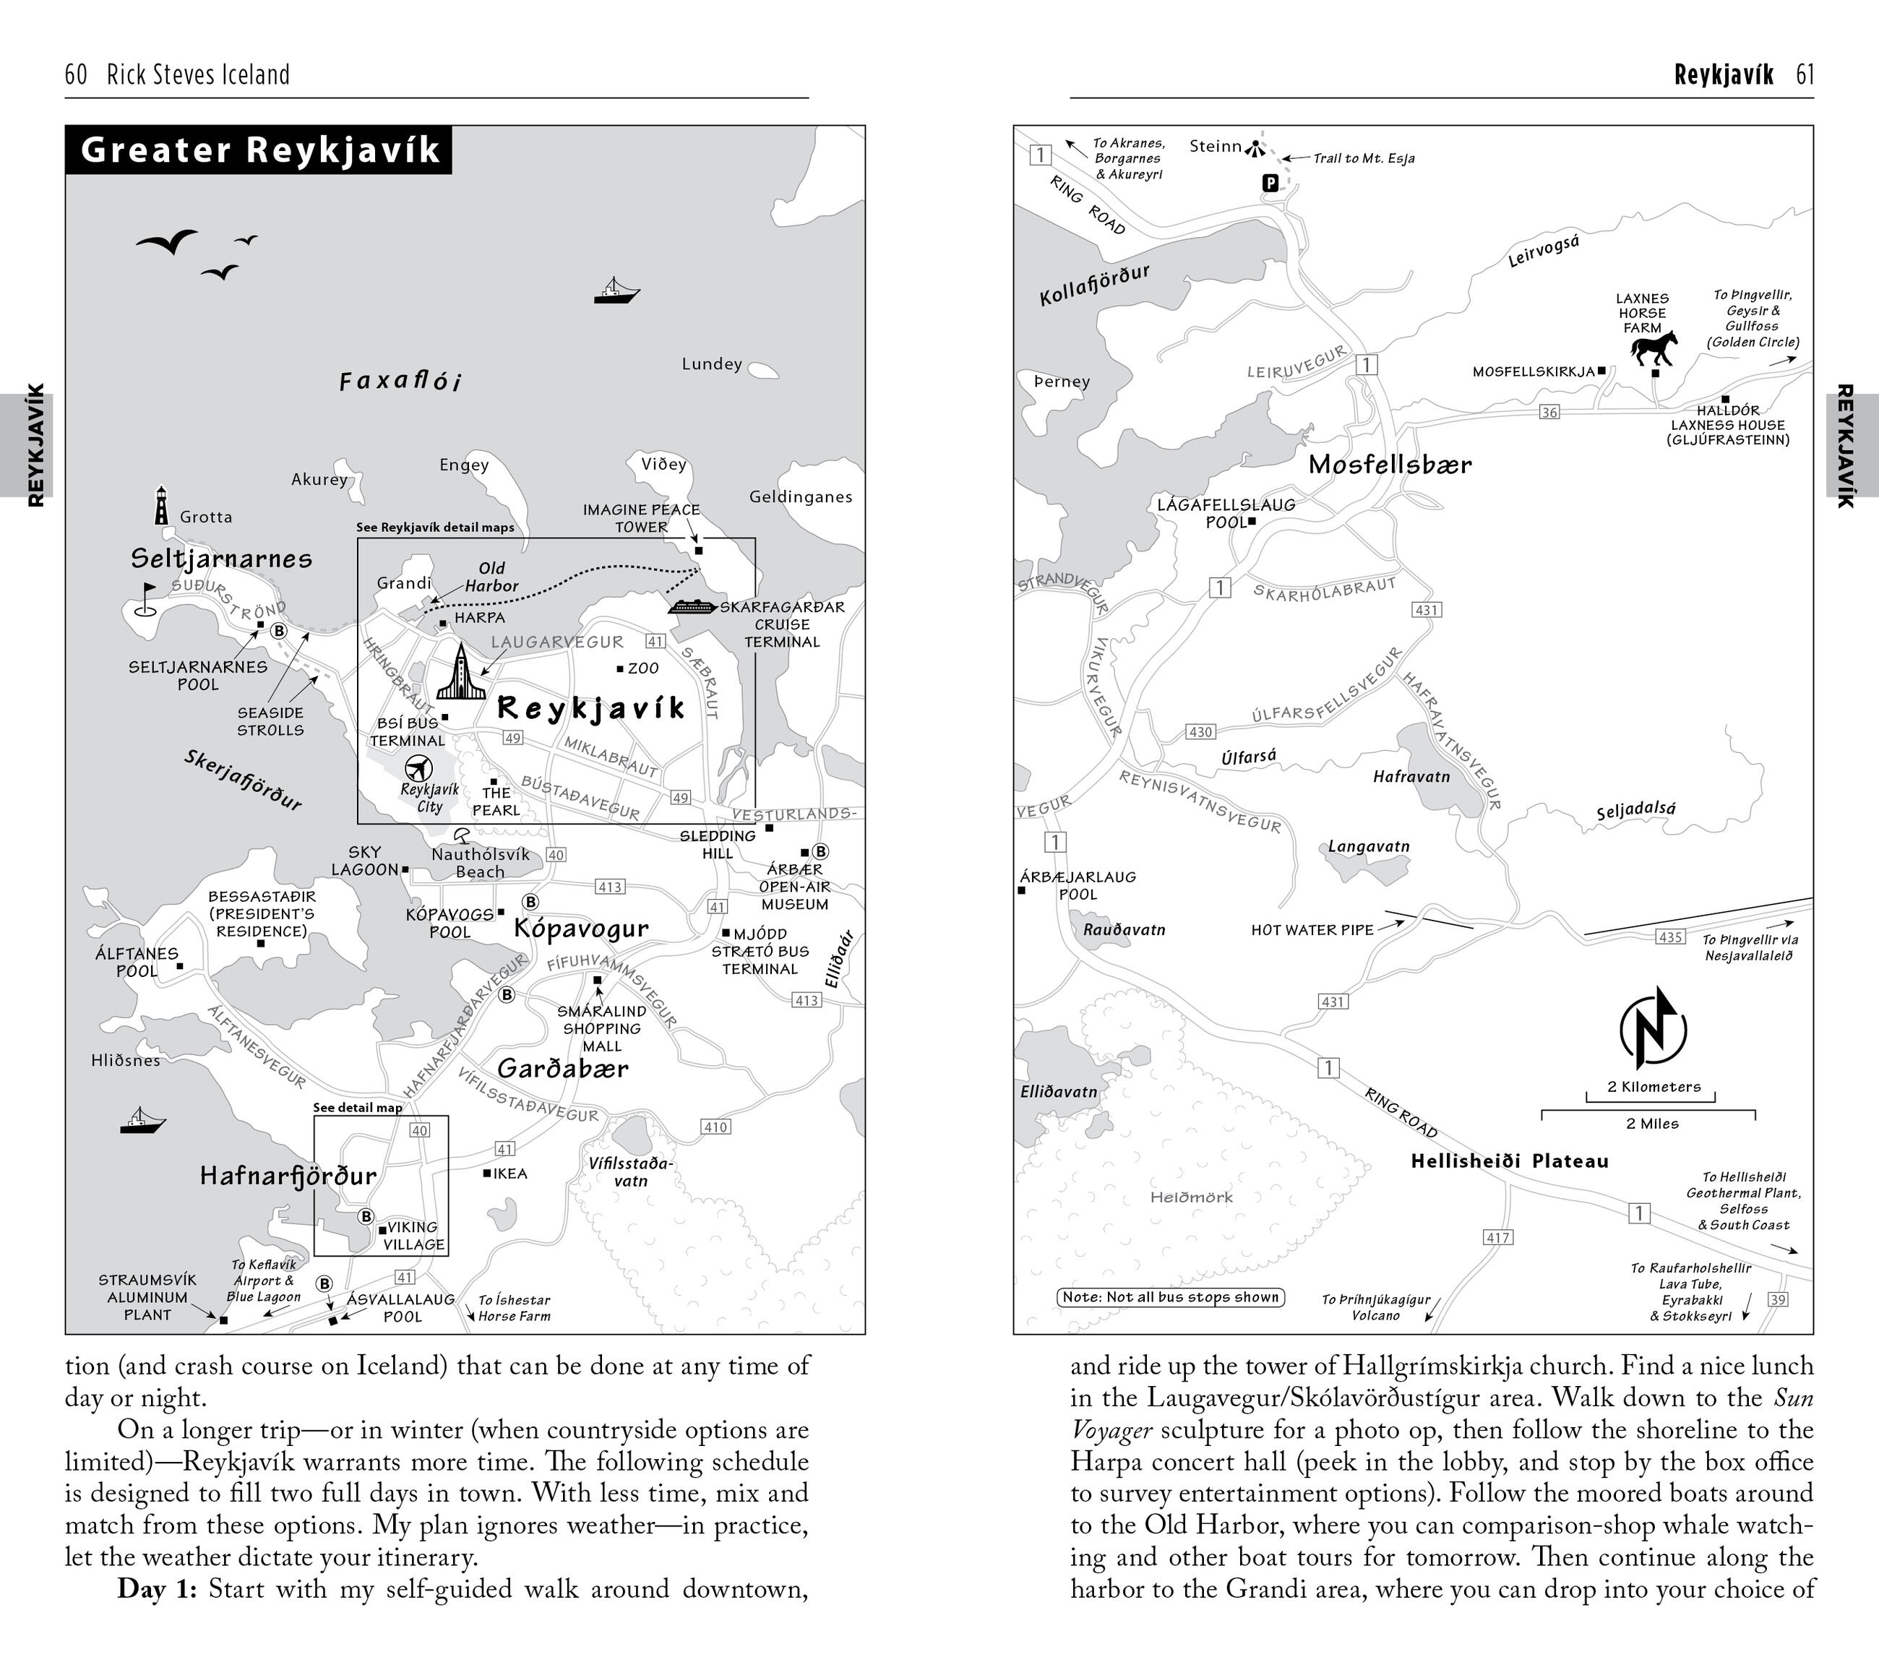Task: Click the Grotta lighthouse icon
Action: tap(162, 506)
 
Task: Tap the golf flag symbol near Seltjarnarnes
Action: tap(146, 598)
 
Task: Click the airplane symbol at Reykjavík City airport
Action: tap(418, 767)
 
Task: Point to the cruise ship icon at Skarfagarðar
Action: tap(692, 606)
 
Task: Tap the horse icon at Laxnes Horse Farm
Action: tap(1654, 348)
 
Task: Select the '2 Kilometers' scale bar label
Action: tap(1654, 1086)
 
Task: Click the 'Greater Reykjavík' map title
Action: tap(260, 150)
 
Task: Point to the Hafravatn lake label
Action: tap(1411, 777)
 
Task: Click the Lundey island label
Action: tap(712, 364)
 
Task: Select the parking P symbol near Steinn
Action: tap(1270, 184)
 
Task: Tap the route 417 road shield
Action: tap(1498, 1237)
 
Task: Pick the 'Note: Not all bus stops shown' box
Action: tap(1170, 1297)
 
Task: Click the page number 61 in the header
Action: tap(1805, 74)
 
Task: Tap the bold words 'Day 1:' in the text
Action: tap(156, 1589)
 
